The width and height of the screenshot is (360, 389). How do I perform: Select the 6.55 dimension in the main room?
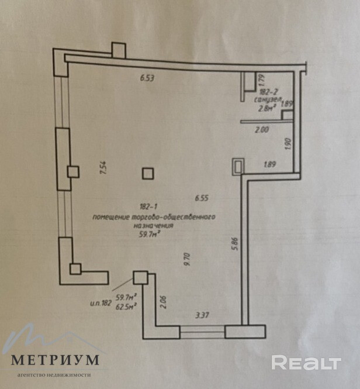(202, 197)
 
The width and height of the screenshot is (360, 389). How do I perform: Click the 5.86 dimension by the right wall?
(235, 243)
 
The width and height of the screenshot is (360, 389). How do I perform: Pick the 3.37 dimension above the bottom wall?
(202, 316)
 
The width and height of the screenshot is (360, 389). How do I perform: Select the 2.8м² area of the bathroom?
(267, 108)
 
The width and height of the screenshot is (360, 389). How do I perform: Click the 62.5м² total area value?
(126, 305)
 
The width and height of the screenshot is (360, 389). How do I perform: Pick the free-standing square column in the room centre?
(148, 174)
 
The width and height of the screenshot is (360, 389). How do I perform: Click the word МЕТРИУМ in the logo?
(55, 359)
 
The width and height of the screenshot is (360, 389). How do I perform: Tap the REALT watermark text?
(307, 362)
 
